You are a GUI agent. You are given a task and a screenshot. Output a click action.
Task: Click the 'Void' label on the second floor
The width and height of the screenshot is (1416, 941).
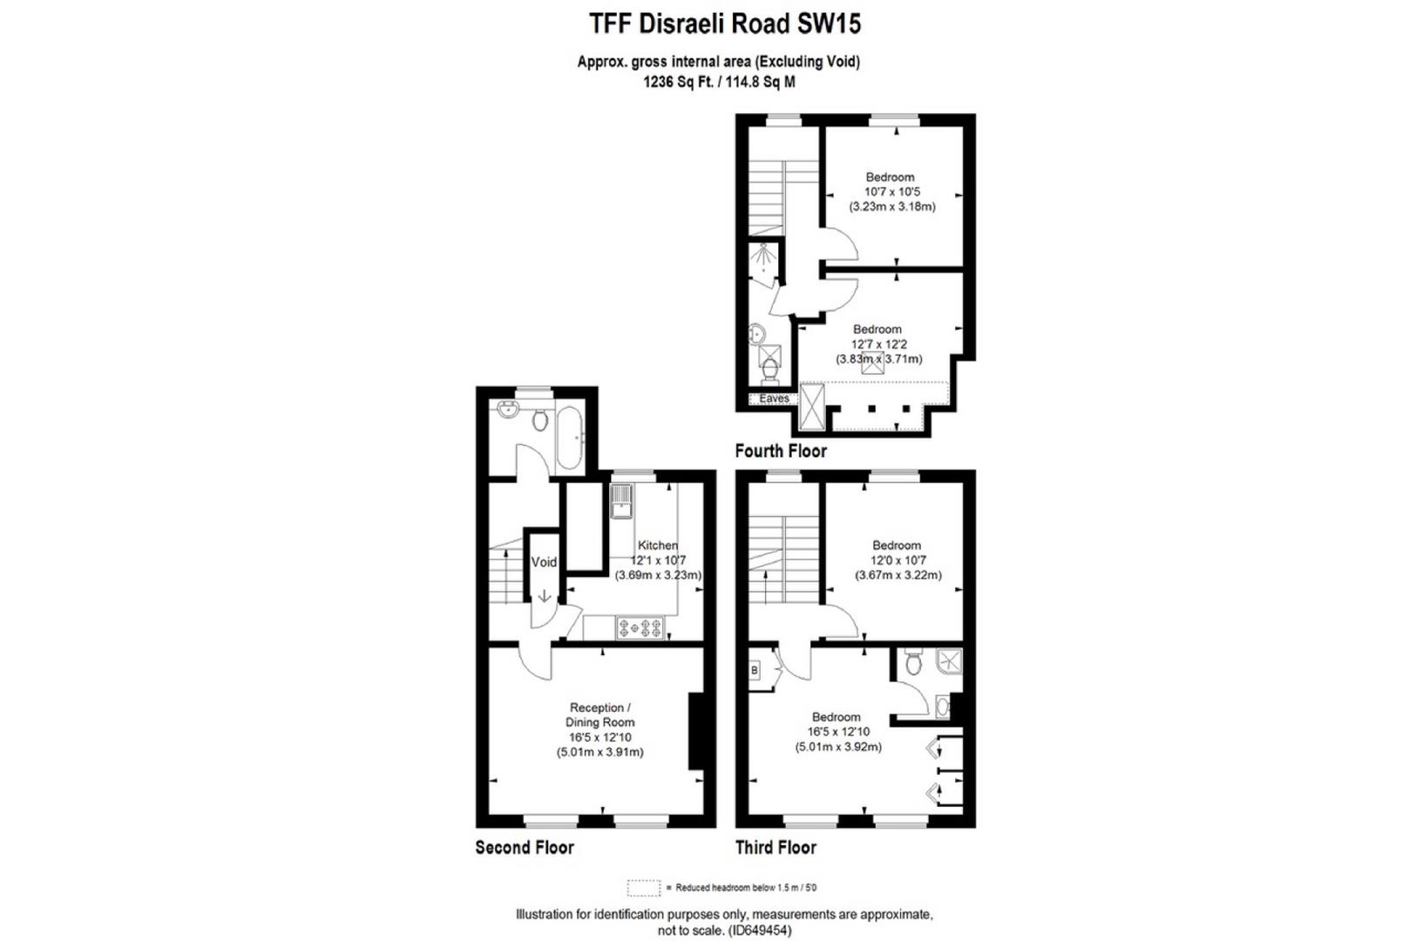[544, 562]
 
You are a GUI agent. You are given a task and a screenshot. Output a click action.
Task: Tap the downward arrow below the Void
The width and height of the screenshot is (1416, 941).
[544, 597]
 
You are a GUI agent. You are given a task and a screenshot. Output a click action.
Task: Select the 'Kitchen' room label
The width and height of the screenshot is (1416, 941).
[658, 545]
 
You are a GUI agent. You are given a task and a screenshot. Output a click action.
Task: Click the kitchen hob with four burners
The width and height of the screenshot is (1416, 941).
[640, 626]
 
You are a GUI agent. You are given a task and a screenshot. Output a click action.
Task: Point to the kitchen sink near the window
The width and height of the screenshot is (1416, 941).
[621, 502]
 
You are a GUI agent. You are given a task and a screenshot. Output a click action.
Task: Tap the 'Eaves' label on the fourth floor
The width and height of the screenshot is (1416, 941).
[774, 399]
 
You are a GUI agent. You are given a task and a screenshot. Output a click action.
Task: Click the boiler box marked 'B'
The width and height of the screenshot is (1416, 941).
[755, 670]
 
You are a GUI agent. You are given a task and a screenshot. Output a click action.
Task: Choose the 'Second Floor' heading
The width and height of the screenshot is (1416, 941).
[525, 847]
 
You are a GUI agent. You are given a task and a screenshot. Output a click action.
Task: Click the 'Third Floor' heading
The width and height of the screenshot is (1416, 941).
[776, 847]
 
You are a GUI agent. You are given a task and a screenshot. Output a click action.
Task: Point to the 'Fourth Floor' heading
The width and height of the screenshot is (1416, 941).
[781, 450]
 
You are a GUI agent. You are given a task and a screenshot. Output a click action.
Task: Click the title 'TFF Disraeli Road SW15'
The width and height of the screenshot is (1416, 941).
[725, 24]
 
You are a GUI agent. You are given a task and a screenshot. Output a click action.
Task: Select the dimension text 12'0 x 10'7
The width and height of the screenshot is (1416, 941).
[897, 560]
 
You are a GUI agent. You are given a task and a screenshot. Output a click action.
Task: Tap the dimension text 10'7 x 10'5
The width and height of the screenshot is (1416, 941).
[892, 192]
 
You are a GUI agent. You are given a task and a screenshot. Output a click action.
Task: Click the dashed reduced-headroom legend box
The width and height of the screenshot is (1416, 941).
[643, 888]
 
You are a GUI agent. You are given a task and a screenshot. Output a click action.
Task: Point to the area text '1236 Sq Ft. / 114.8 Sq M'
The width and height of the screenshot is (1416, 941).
[719, 83]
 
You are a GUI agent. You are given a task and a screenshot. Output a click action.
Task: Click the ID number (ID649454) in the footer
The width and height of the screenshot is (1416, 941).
[760, 931]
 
